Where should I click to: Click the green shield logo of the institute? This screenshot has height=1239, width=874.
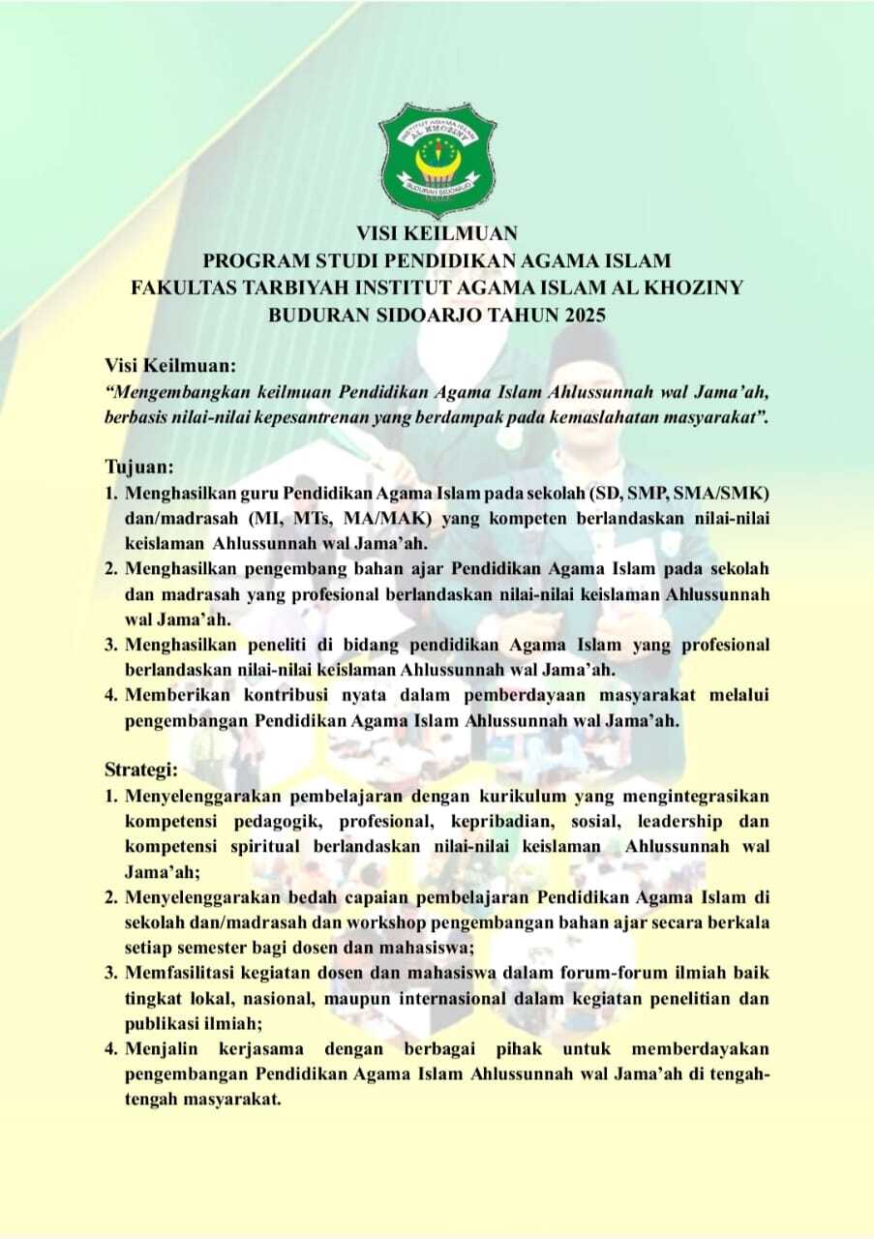pyautogui.click(x=437, y=158)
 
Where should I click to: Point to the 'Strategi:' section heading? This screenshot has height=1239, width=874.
pyautogui.click(x=141, y=770)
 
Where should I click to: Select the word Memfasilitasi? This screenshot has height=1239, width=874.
pyautogui.click(x=179, y=972)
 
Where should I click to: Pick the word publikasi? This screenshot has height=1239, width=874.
pyautogui.click(x=162, y=1022)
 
